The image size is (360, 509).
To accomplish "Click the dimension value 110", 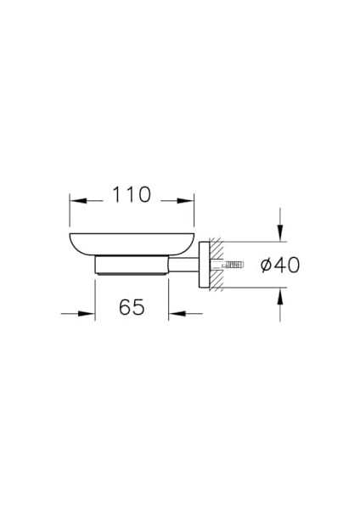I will pos(132,195).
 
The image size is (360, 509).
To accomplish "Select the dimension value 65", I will pos(131,307).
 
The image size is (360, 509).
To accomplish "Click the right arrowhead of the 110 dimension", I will pos(191,201).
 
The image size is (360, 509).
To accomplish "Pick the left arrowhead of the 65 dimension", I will pos(89,314).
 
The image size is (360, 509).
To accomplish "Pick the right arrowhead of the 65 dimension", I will pos(174,314).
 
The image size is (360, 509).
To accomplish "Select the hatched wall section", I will pos(217,266).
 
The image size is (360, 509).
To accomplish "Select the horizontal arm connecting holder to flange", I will pos(187,266).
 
